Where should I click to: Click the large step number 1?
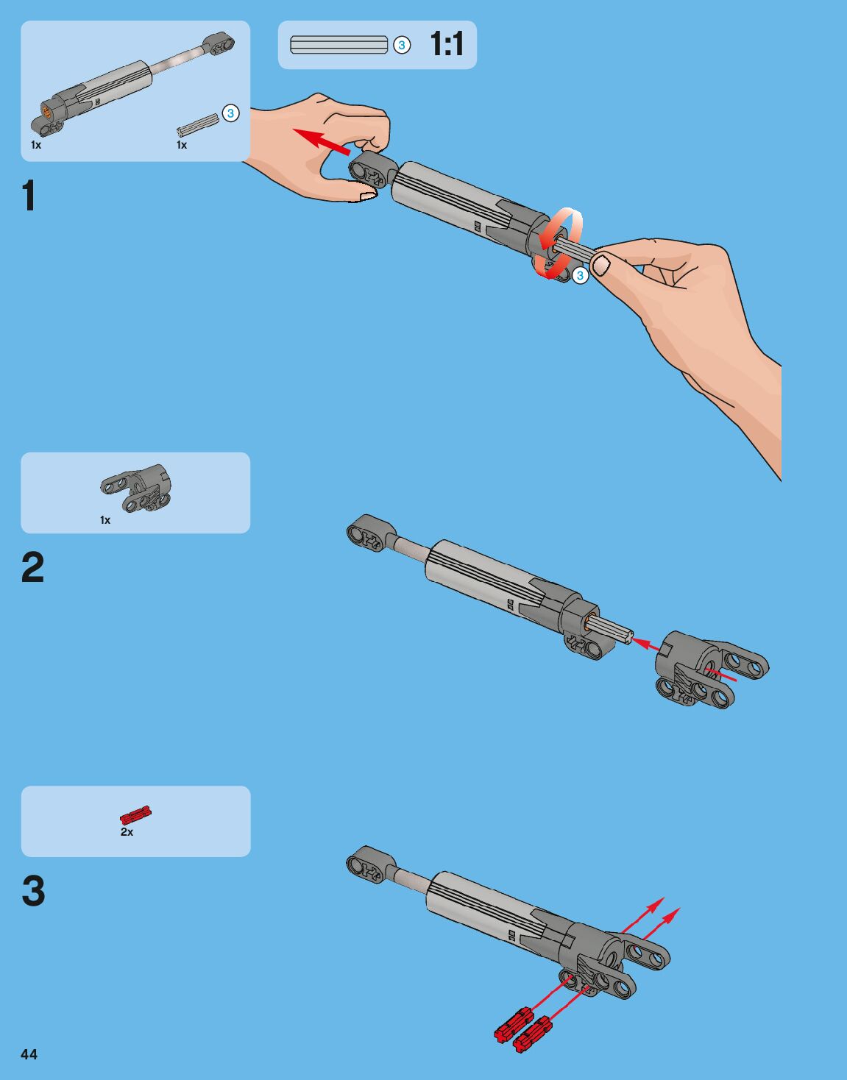click(29, 196)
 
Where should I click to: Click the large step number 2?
click(32, 568)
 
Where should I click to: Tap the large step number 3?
click(33, 891)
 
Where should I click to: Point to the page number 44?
click(29, 1054)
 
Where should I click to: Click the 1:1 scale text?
click(447, 44)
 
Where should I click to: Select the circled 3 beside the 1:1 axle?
click(401, 45)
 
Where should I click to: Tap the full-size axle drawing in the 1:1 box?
click(339, 45)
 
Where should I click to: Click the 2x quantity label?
click(127, 832)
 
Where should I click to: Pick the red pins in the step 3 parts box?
click(135, 814)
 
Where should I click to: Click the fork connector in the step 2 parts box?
click(136, 488)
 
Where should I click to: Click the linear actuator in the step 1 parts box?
click(125, 85)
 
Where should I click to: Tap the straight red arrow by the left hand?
click(321, 140)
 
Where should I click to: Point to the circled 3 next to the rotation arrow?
click(580, 275)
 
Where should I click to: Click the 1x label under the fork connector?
click(105, 520)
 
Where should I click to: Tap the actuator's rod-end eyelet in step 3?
click(366, 863)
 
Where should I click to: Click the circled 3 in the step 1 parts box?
click(230, 113)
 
